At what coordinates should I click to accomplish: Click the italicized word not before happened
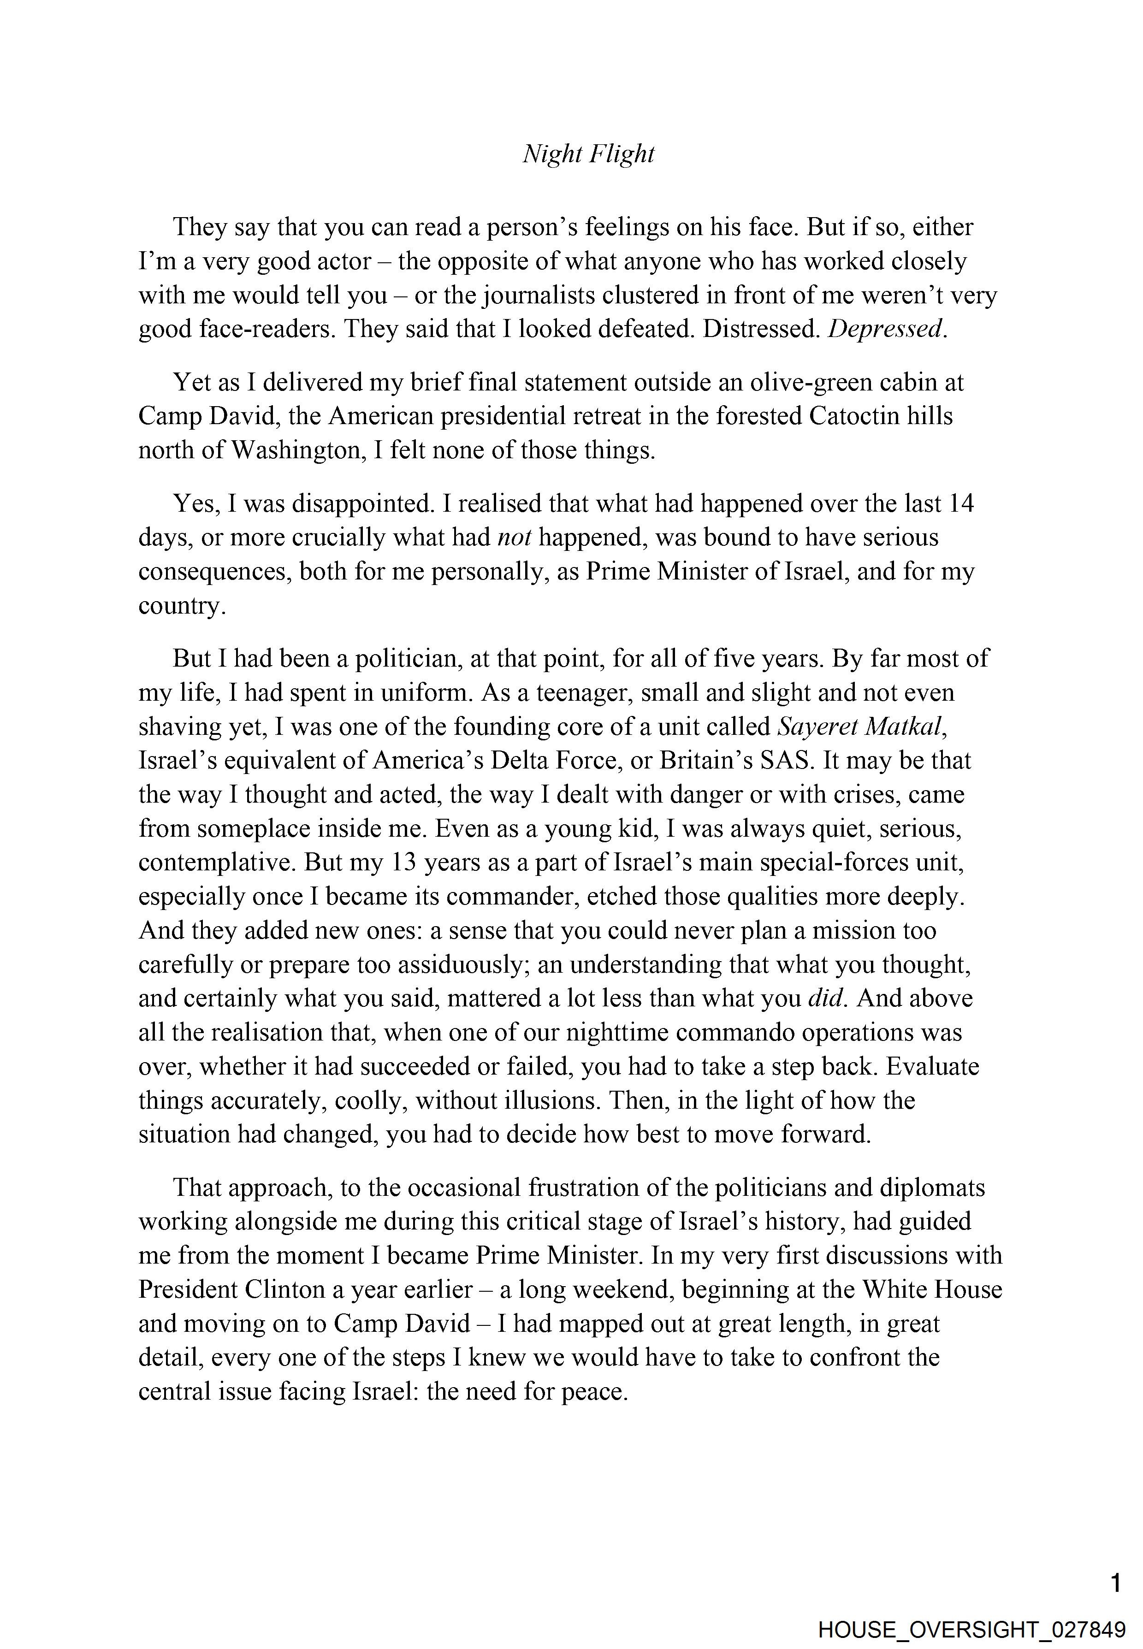click(x=514, y=537)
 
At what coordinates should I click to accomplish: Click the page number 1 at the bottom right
click(x=1115, y=1583)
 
